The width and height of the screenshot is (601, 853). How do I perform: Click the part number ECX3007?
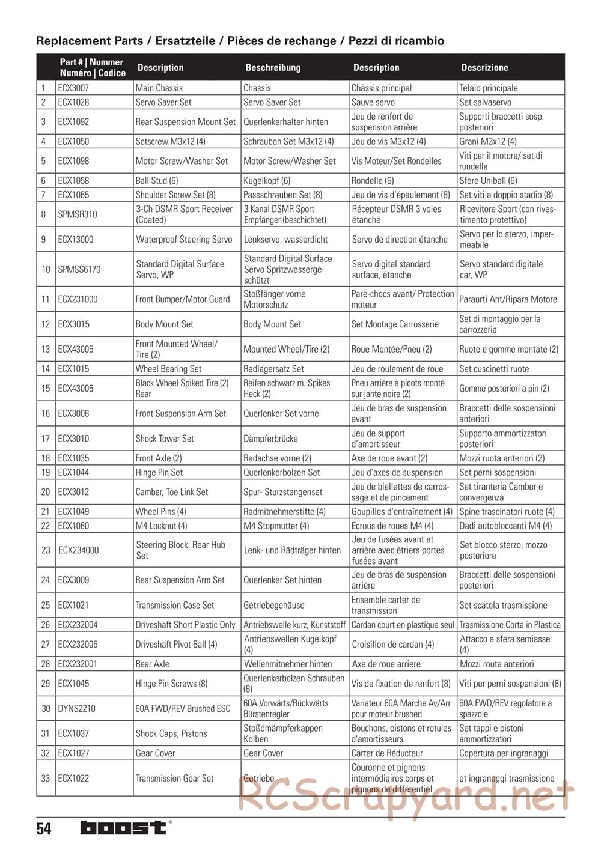tap(73, 88)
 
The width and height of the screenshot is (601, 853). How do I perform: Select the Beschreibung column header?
tap(273, 68)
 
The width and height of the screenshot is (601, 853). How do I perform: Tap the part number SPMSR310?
tap(78, 214)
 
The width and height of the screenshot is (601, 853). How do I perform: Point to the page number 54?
tap(44, 830)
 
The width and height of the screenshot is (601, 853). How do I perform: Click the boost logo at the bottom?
tap(124, 828)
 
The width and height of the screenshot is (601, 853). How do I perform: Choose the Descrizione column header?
tap(484, 68)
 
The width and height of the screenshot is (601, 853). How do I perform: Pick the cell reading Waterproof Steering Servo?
tap(184, 239)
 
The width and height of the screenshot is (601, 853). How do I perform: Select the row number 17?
tap(46, 439)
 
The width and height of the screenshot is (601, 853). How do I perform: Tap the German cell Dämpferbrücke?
tap(270, 439)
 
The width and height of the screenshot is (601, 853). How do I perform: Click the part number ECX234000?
tap(79, 550)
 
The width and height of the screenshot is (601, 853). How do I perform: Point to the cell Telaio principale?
tap(489, 88)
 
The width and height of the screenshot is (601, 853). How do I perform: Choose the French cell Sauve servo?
tap(373, 102)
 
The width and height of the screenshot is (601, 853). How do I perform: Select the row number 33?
tap(46, 779)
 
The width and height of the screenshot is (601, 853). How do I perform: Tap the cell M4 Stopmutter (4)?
tap(276, 526)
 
